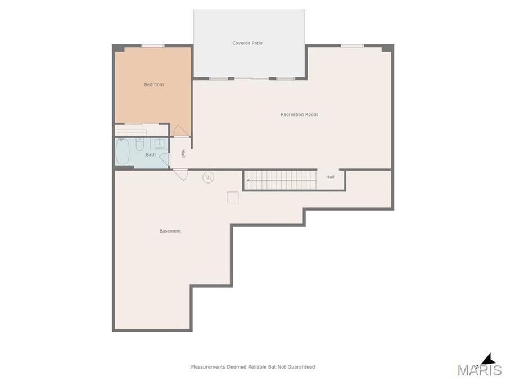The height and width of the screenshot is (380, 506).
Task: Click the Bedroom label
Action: pos(153,84)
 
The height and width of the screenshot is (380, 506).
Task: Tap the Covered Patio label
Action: pos(247,43)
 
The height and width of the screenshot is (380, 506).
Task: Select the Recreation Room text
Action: pos(299,114)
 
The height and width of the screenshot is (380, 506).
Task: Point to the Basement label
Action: pos(170,231)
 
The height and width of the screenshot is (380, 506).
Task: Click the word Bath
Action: pos(151,154)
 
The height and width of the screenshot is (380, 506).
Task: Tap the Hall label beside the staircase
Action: pos(330,177)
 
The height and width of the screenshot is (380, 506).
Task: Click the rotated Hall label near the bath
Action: pos(183,153)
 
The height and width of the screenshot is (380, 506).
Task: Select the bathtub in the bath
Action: pos(123,151)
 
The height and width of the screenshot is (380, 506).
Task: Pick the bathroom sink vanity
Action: pos(160,143)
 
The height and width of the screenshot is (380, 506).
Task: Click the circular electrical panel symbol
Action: pos(209,177)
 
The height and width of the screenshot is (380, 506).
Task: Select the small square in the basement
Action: pos(232,197)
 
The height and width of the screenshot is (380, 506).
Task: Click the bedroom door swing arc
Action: pos(180,131)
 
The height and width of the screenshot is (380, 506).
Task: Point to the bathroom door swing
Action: pos(164,159)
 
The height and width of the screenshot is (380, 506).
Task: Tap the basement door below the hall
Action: pos(180,175)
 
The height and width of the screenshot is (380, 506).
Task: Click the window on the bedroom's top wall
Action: pos(152,46)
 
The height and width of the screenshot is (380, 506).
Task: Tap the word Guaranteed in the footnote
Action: pos(301,367)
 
